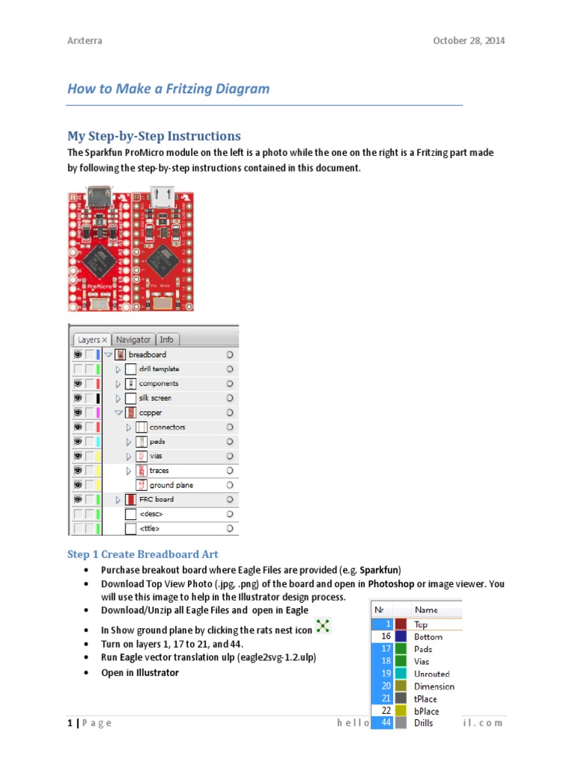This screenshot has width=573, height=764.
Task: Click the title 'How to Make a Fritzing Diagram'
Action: (x=168, y=89)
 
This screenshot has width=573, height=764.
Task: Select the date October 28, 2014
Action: (x=469, y=40)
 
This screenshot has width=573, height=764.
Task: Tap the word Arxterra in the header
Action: (x=84, y=40)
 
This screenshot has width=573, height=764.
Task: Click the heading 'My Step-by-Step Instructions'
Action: (x=154, y=136)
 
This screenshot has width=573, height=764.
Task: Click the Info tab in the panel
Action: (x=166, y=339)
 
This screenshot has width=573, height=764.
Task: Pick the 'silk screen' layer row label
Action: (x=155, y=398)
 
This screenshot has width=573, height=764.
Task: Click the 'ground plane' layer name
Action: (x=171, y=485)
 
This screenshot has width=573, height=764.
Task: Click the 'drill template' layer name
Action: (x=159, y=369)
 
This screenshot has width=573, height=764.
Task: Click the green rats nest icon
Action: (x=322, y=626)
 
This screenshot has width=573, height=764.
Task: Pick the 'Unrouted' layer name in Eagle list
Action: (x=432, y=674)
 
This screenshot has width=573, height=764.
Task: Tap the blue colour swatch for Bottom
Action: (x=401, y=636)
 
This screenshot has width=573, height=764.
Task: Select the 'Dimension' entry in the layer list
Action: (x=434, y=686)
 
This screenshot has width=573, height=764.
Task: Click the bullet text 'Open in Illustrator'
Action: (x=140, y=672)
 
